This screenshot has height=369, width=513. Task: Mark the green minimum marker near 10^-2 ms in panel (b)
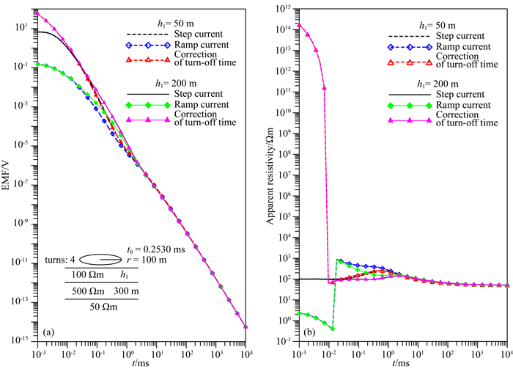332,328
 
